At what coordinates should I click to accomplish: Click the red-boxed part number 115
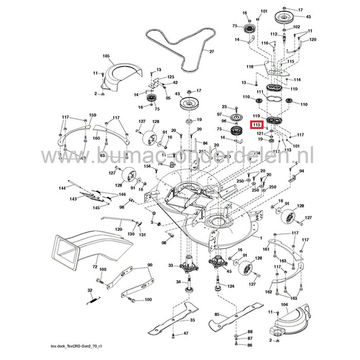click(x=256, y=124)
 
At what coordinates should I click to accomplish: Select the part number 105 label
click(x=106, y=55)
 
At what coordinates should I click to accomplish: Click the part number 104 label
click(x=283, y=304)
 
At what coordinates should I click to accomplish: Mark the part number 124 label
click(x=231, y=286)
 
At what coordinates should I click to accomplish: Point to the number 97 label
click(x=219, y=114)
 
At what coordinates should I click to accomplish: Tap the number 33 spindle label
click(x=171, y=265)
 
